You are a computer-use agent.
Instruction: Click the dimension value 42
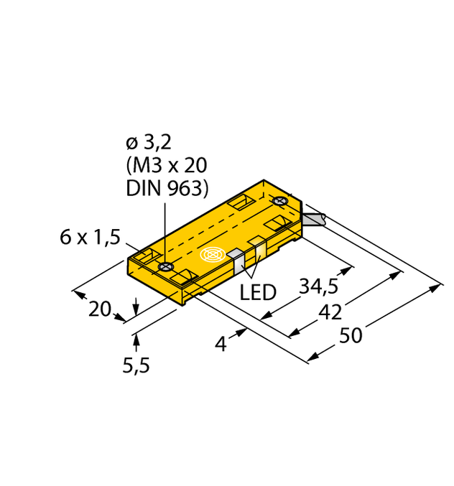point(330,312)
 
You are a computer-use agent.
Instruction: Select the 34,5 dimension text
point(318,287)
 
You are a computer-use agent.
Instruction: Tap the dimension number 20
point(100,309)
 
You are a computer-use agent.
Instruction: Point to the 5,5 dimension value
point(136,366)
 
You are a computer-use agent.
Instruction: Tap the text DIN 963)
point(167,189)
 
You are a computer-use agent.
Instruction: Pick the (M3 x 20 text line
point(167,165)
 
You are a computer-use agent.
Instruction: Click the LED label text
point(257,293)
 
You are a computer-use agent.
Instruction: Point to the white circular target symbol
point(213,255)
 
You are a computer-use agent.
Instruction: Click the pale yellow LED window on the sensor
point(256,252)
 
